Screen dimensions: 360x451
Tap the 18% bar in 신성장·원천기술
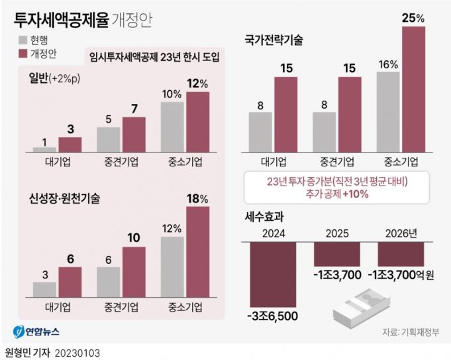pos(197,252)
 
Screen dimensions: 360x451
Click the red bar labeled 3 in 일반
pos(70,145)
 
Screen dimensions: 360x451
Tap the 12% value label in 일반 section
pos(197,84)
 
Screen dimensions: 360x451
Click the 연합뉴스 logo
pos(38,331)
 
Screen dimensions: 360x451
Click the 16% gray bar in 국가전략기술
pos(388,111)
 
